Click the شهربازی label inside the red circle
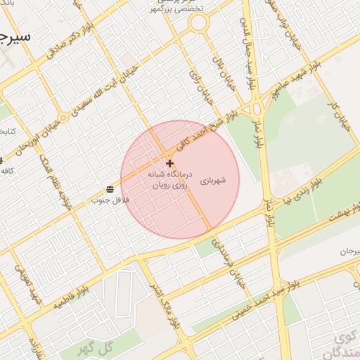pos(213,181)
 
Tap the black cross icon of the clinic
pos(169,163)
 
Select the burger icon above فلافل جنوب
pos(110,189)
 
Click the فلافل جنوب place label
pos(105,200)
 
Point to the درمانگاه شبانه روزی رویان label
pos(166,179)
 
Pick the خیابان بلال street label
pos(226,79)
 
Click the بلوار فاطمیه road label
pos(91,278)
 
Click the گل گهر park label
pos(97,348)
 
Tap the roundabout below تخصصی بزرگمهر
pos(199,23)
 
